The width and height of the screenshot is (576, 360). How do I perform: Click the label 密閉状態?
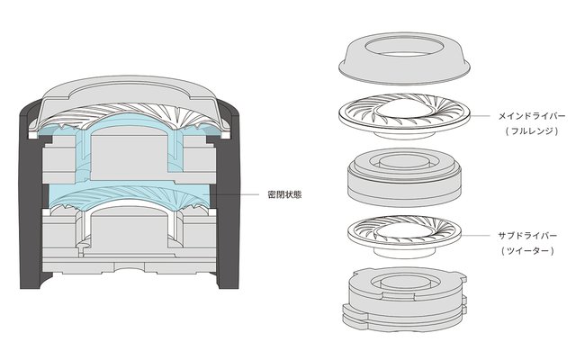[285, 194]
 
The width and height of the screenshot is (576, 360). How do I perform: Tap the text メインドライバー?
[532, 116]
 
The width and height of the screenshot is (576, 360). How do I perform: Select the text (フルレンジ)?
[532, 130]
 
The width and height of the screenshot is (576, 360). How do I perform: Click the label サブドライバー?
[527, 236]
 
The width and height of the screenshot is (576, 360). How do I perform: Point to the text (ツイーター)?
[527, 251]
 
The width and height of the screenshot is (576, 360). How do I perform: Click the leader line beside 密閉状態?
[234, 194]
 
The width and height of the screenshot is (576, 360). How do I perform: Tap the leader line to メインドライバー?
[480, 116]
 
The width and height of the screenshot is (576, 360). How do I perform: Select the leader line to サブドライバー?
[476, 236]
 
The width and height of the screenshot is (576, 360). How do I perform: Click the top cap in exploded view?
[404, 58]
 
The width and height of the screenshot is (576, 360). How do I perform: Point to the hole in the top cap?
[403, 48]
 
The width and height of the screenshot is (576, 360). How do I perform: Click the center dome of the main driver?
[404, 109]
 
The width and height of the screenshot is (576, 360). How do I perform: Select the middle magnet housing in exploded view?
[404, 178]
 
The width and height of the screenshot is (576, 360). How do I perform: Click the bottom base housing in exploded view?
[404, 298]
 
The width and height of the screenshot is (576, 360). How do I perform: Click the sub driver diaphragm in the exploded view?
[404, 233]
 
